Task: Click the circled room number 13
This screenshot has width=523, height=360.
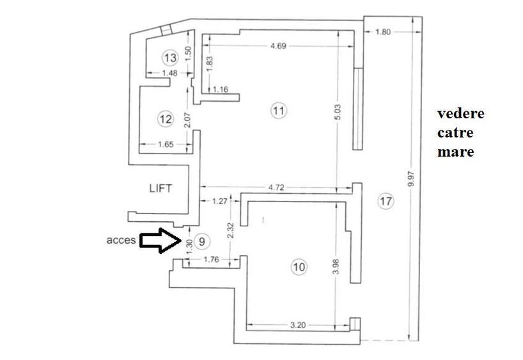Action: click(169, 58)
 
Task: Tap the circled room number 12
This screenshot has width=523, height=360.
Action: click(165, 118)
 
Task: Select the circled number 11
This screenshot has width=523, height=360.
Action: click(278, 111)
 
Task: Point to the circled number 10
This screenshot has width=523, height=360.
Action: click(299, 267)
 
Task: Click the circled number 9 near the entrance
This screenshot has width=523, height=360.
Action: click(201, 241)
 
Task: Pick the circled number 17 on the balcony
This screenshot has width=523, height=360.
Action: click(385, 201)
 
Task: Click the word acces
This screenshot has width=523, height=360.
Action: click(120, 240)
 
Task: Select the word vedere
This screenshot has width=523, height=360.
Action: click(460, 114)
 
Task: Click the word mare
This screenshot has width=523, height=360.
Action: click(456, 152)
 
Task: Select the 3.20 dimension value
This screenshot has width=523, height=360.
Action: click(297, 325)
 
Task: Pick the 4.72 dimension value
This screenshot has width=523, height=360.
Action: click(276, 187)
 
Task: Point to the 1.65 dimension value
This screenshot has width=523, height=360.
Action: click(166, 145)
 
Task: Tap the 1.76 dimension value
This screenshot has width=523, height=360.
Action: click(212, 260)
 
